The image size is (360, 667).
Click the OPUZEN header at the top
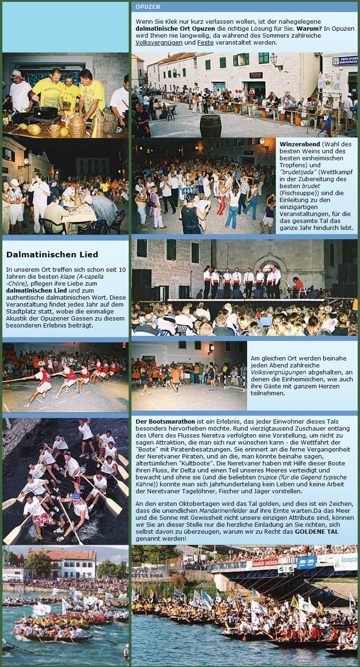pos(148,7)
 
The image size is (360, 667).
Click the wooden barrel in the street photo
pos(210,125)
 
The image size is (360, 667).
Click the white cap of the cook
pos(17,74)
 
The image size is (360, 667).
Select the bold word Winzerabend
pos(300,144)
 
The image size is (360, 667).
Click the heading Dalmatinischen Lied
pos(52,255)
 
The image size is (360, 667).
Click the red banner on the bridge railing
pos(265,563)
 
